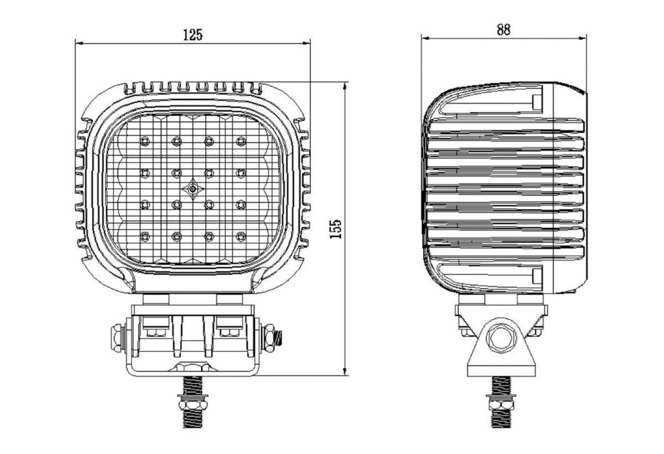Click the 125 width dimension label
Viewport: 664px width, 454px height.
[193, 35]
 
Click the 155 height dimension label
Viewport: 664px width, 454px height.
[336, 229]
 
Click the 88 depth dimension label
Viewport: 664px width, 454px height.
[504, 30]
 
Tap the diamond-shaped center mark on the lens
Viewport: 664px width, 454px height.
[193, 189]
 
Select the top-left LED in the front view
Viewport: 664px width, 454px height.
[144, 141]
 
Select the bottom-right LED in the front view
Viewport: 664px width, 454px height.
[241, 236]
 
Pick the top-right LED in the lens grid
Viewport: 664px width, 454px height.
[241, 141]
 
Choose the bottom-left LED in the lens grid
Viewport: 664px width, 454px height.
[144, 236]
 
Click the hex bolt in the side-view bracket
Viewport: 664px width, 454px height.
[501, 338]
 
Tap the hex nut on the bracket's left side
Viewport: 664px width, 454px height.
[117, 338]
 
